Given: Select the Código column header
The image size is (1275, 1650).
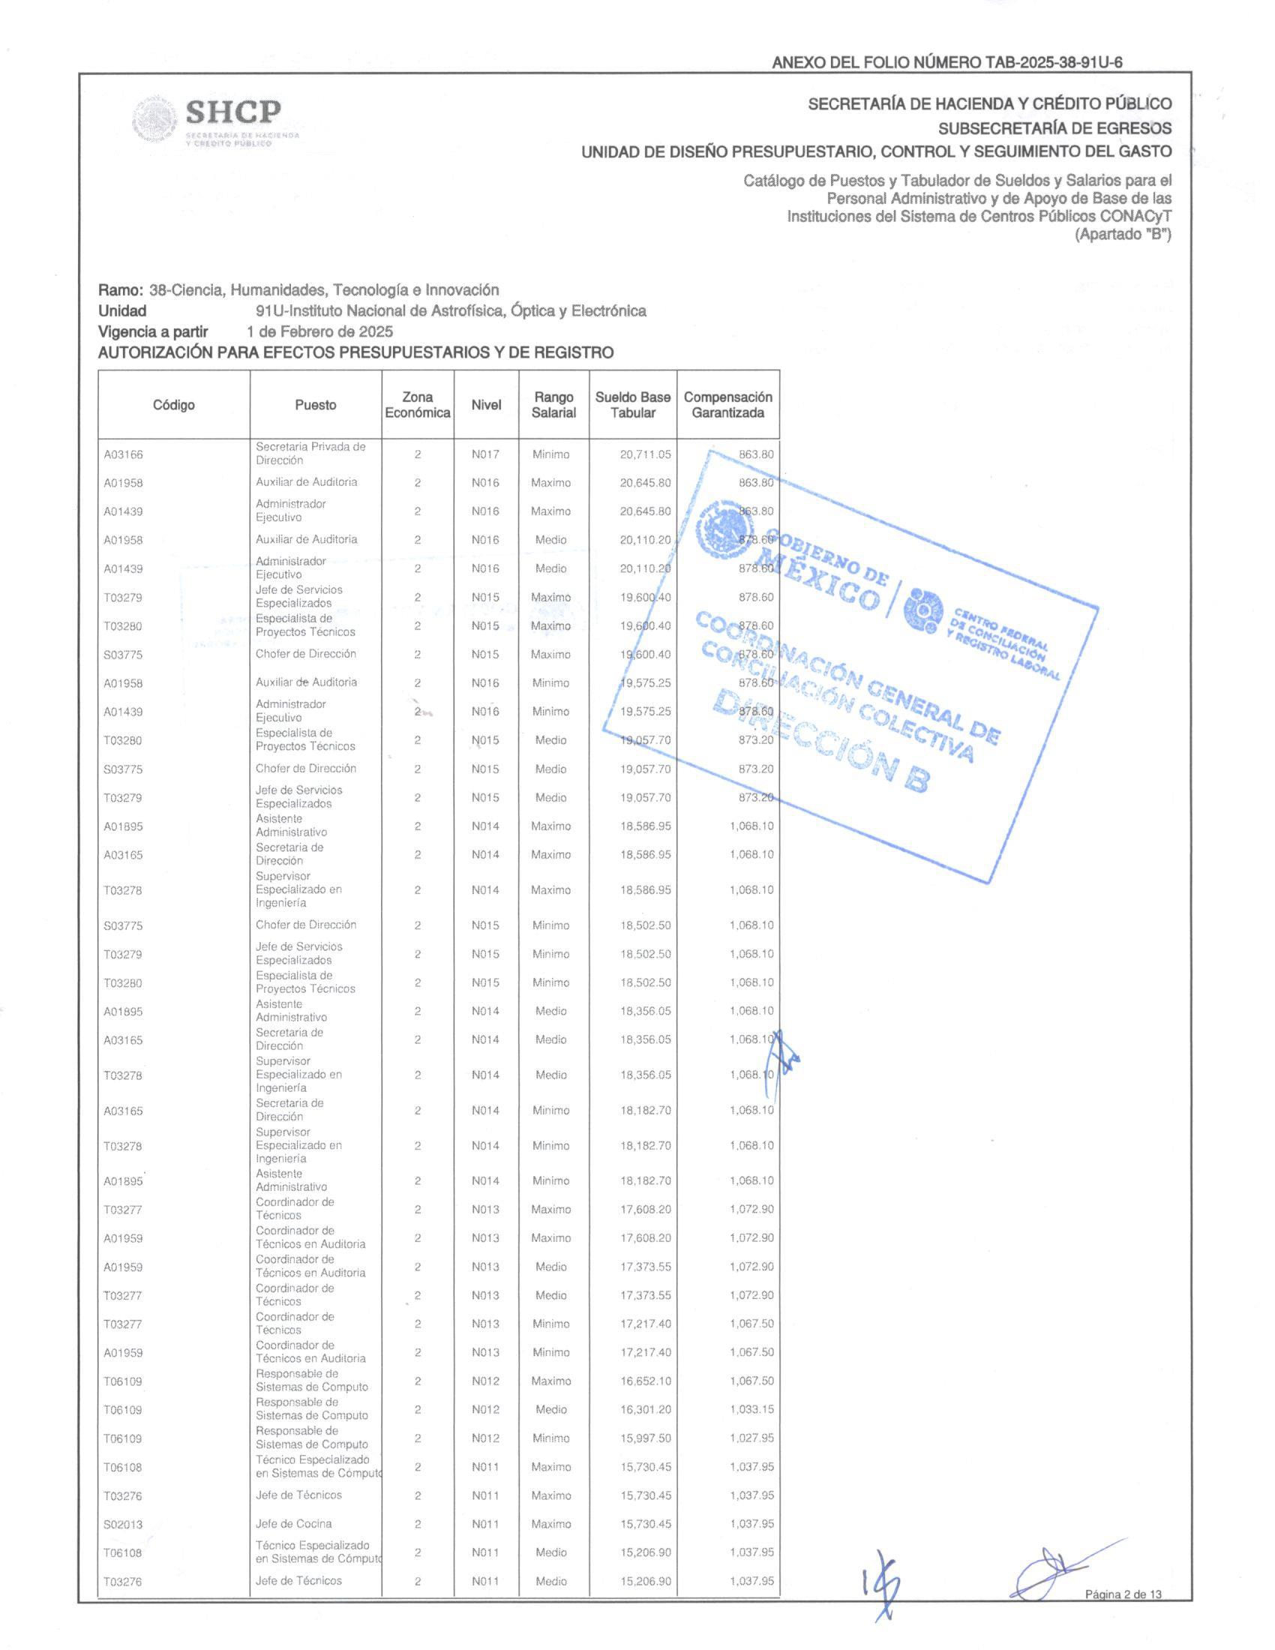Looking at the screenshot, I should point(174,405).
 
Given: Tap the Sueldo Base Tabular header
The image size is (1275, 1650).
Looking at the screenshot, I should point(632,405).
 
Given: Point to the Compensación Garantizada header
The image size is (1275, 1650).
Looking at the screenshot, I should point(727,405).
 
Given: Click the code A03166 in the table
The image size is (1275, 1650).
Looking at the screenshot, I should point(123,454).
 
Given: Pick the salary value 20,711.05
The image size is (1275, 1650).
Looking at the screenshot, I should point(645,454).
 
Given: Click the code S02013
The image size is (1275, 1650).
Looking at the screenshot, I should point(123,1525).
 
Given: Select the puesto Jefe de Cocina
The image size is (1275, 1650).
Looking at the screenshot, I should point(293,1524).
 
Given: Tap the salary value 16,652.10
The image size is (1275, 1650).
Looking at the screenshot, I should point(645,1381).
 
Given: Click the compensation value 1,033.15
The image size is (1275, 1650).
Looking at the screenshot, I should point(751,1410).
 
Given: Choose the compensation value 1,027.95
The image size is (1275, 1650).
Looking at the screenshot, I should point(751,1438).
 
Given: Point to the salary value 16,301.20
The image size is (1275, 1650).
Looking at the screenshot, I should point(645,1410).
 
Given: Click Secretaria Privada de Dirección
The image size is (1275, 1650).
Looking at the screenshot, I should point(310,453).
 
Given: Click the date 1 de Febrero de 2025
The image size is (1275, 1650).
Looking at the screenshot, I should point(319,331).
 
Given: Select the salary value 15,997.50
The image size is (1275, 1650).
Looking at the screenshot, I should point(645,1438).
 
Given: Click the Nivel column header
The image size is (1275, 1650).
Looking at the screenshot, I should point(486,405).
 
